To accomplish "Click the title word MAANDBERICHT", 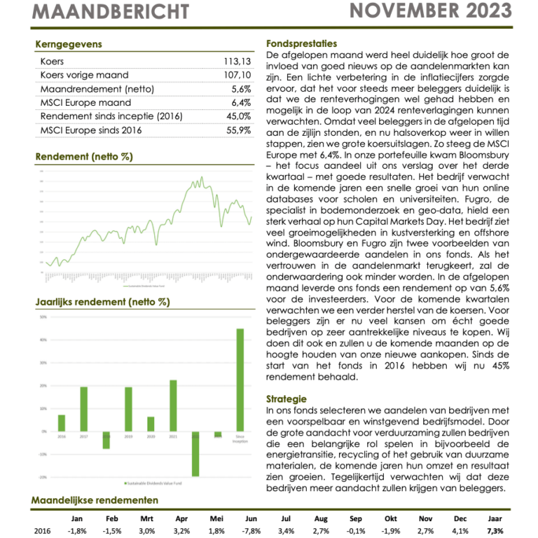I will [x=111, y=12].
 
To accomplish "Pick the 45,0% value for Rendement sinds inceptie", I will [x=238, y=116].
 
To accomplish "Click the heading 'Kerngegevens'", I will [x=68, y=44].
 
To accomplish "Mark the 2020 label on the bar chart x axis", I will [x=151, y=436].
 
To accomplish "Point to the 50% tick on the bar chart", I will [x=43, y=317].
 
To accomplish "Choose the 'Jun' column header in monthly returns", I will [x=251, y=518].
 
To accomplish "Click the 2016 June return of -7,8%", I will [x=251, y=531].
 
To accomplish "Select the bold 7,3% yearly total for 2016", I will [x=494, y=531].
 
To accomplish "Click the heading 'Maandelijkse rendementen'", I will [x=95, y=500].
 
